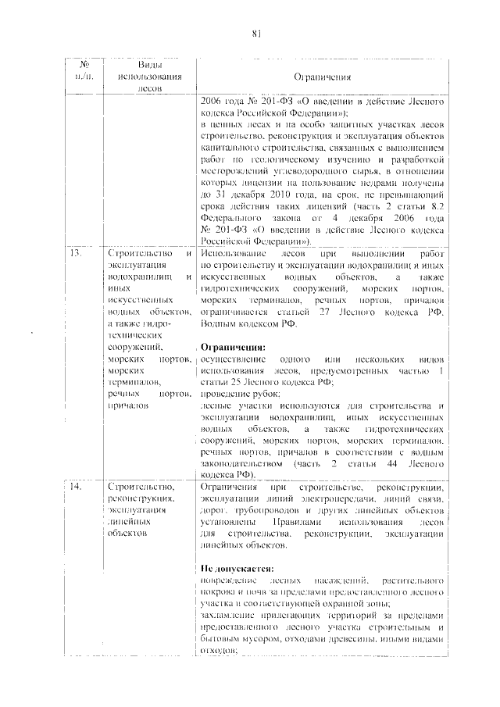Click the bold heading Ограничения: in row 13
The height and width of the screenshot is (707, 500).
233,345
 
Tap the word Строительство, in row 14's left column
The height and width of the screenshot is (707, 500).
141,487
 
